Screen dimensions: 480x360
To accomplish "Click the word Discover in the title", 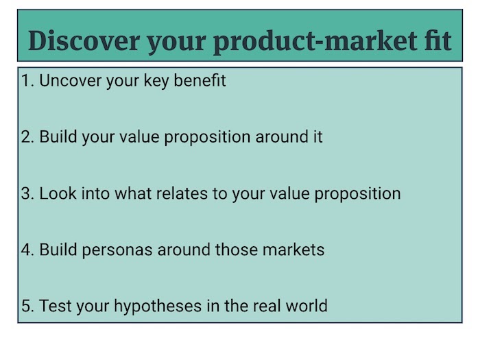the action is point(84,40).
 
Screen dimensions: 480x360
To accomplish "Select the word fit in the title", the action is point(438,40).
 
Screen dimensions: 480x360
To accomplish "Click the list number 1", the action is point(27,81).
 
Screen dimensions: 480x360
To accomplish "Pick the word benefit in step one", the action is point(200,80).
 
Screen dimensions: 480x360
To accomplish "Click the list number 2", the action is point(27,137).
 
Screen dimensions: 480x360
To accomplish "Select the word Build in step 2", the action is point(58,136).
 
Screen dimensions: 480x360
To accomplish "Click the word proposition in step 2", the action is point(207,138).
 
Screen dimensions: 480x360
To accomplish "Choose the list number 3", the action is point(27,194).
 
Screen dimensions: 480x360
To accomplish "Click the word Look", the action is point(58,193).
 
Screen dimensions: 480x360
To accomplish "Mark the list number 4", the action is point(27,250).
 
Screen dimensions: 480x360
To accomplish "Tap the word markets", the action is point(293,250).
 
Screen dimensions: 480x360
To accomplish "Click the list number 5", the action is point(27,306).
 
